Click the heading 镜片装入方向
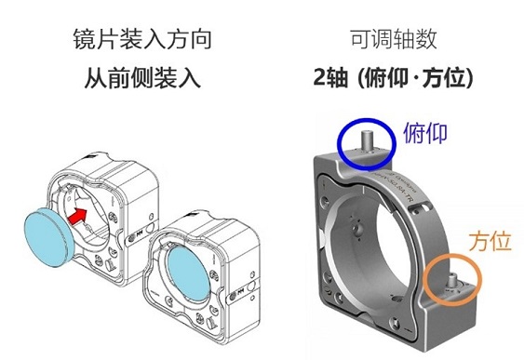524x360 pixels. pyautogui.click(x=142, y=39)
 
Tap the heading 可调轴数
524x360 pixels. pyautogui.click(x=394, y=39)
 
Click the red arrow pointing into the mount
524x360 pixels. pyautogui.click(x=77, y=216)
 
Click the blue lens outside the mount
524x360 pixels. pyautogui.click(x=48, y=237)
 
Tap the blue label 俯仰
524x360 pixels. pyautogui.click(x=425, y=133)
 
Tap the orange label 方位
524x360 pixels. pyautogui.click(x=490, y=241)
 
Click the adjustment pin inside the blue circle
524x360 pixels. pyautogui.click(x=367, y=140)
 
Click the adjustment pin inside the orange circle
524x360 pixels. pyautogui.click(x=452, y=280)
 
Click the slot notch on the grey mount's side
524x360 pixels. pyautogui.click(x=421, y=208)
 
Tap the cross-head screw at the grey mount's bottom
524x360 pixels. pyautogui.click(x=395, y=323)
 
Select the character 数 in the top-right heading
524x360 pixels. pyautogui.click(x=426, y=39)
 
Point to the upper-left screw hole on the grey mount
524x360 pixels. pyautogui.click(x=324, y=201)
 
